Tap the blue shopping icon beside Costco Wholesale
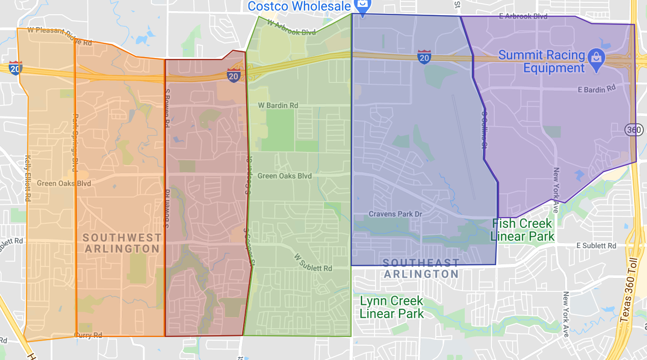point(363,6)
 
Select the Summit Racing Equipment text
point(542,62)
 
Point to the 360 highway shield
point(633,130)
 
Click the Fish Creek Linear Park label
point(522,230)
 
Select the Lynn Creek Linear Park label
point(392,308)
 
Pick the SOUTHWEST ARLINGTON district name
point(122,243)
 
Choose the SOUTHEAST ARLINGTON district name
point(421,268)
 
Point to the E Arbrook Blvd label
point(523,16)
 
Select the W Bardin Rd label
point(277,105)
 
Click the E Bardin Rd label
point(596,89)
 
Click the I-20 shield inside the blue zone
point(424,57)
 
